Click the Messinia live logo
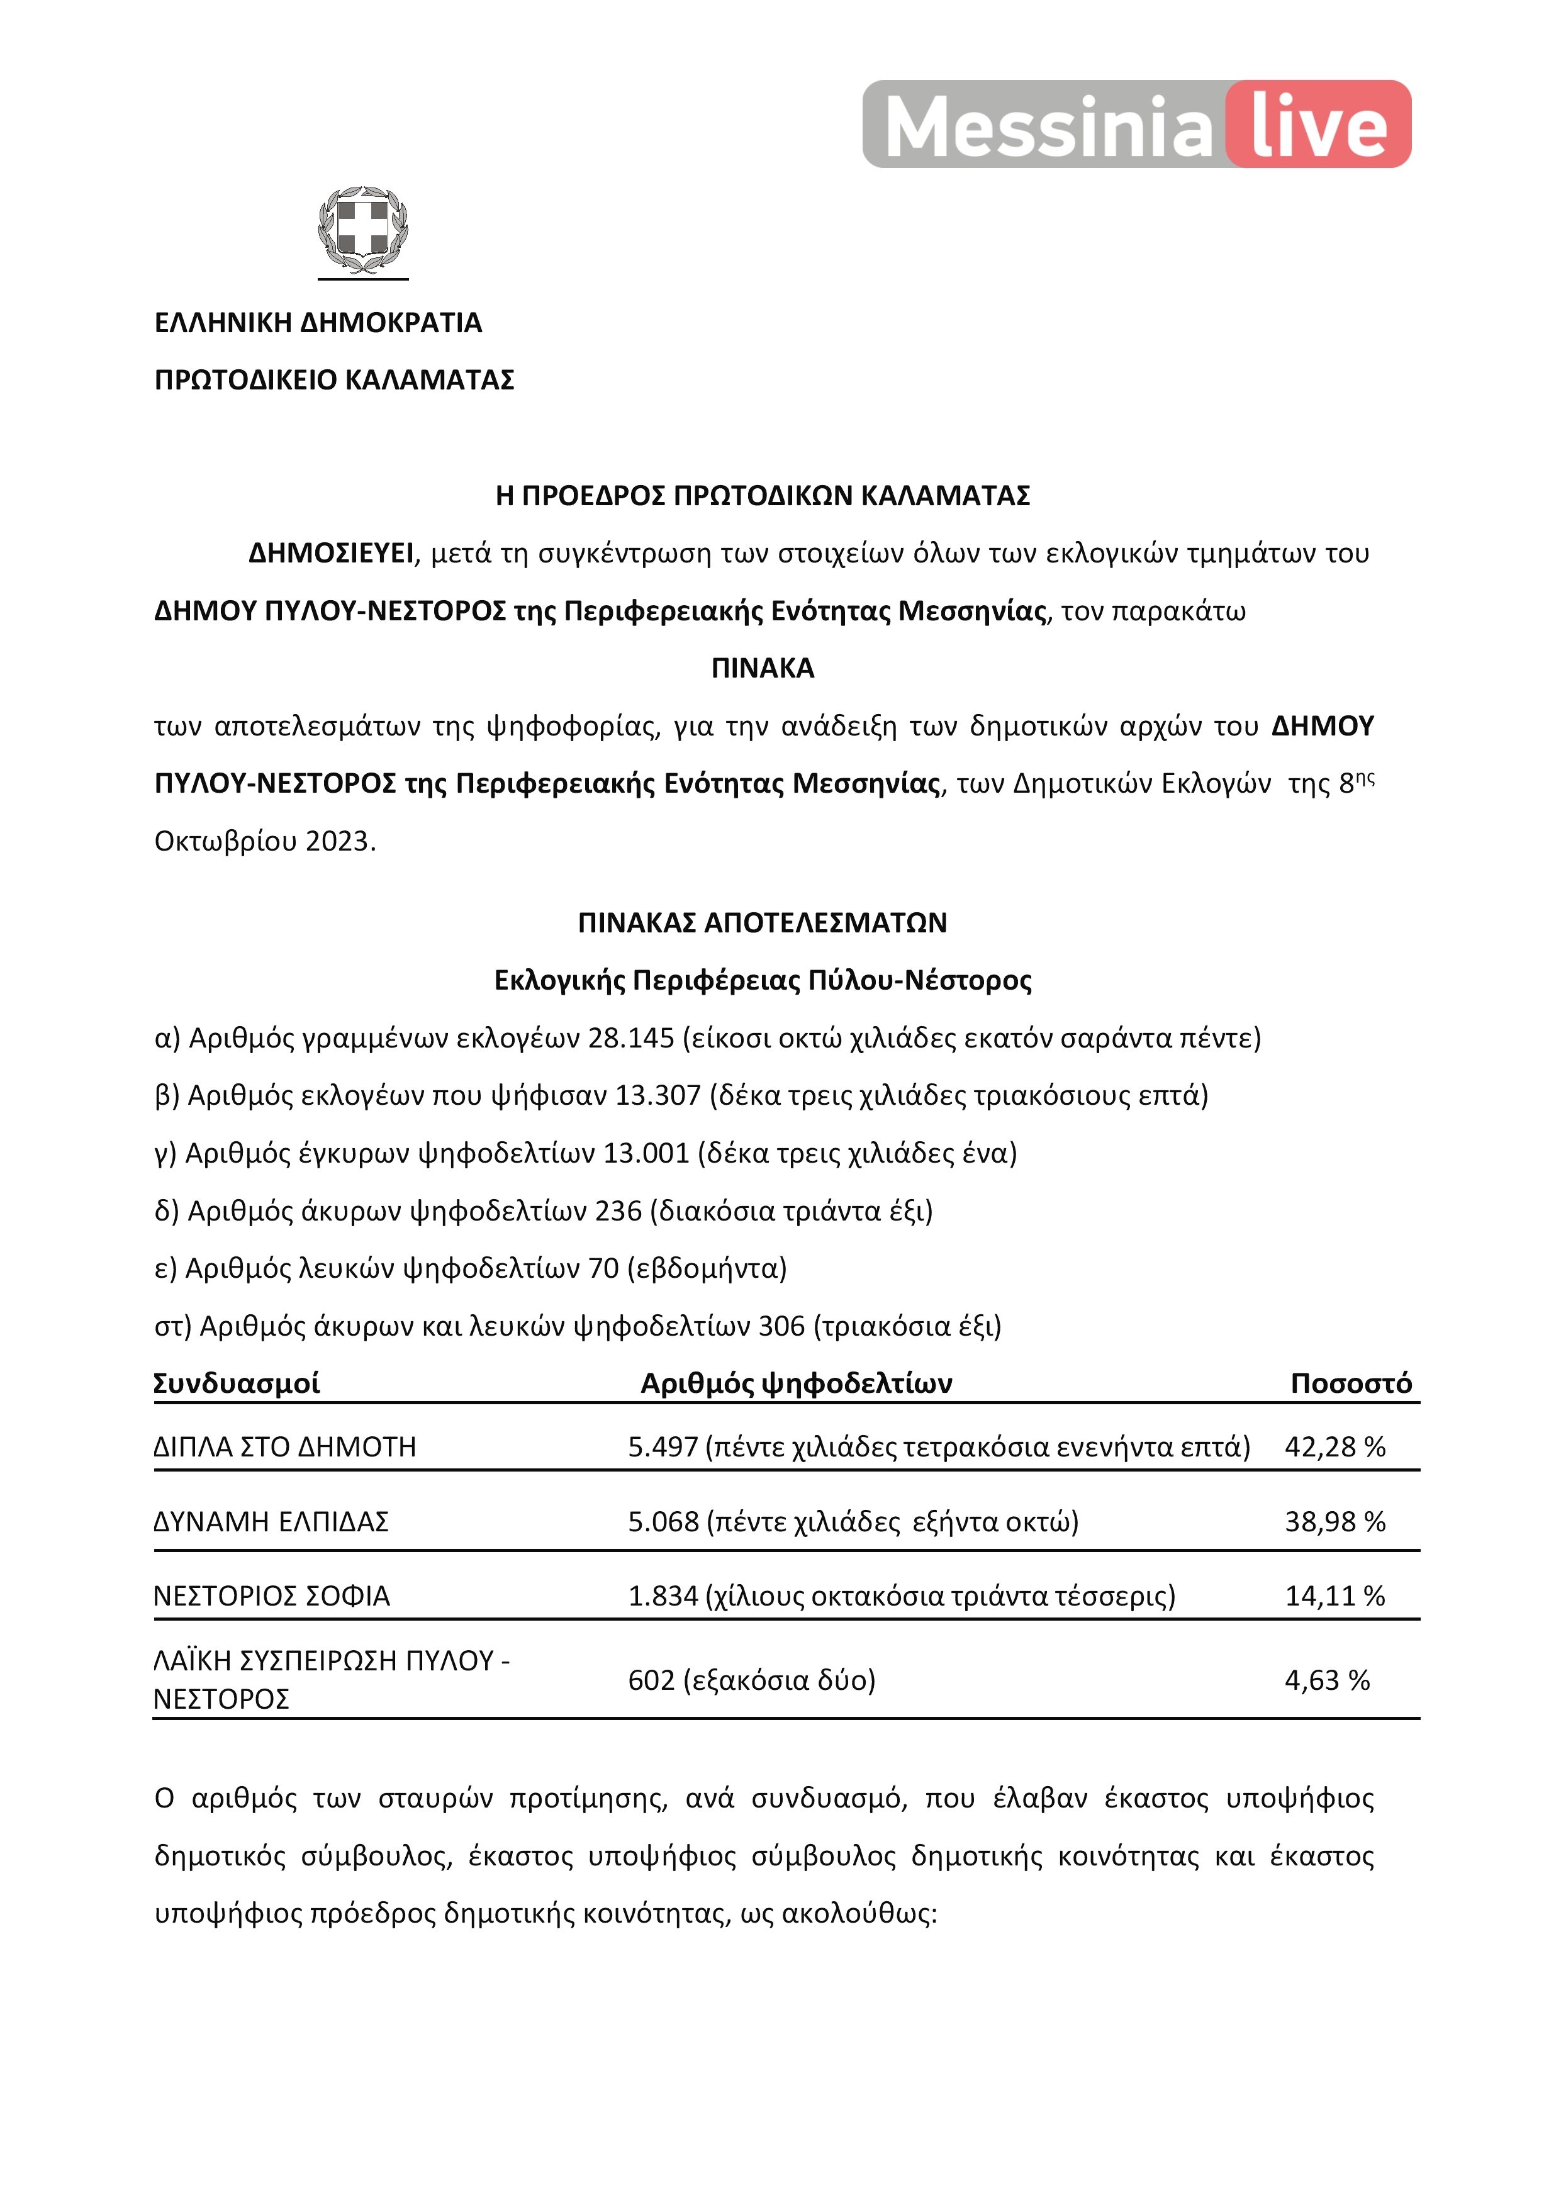(x=1136, y=125)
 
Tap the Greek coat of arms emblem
(x=363, y=231)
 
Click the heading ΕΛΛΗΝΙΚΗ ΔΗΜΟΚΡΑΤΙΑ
(x=318, y=323)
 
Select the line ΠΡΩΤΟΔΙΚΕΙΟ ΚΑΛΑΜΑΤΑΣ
(x=335, y=381)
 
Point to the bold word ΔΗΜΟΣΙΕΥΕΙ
(x=331, y=554)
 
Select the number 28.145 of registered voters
(x=630, y=1039)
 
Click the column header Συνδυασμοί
(x=237, y=1384)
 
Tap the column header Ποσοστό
(x=1350, y=1384)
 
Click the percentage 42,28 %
(x=1335, y=1448)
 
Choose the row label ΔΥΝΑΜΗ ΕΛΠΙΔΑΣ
(x=271, y=1523)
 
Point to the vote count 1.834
(x=663, y=1597)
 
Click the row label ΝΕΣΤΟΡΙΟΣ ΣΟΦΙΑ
(x=272, y=1597)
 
